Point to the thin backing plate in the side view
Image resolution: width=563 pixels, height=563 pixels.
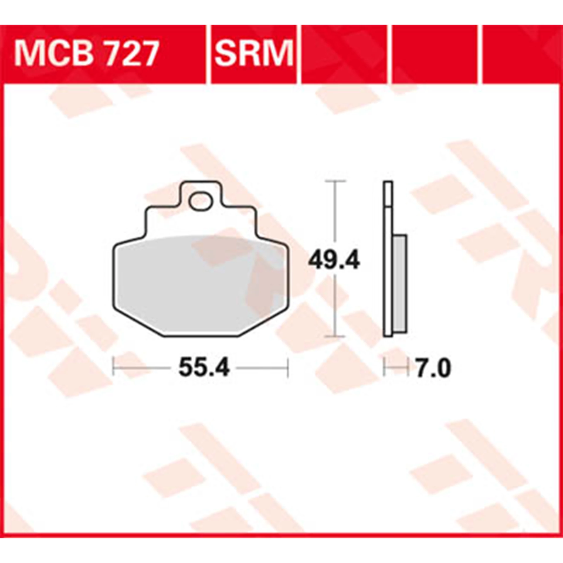[x=388, y=264]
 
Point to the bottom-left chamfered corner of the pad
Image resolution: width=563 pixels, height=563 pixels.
[x=136, y=323]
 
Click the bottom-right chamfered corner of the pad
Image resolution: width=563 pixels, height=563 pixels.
[x=265, y=323]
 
